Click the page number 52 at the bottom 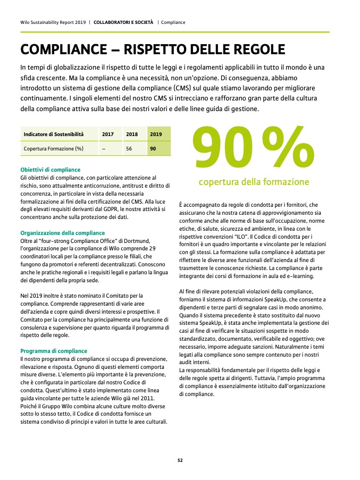pyautogui.click(x=180, y=460)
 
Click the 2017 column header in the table pyautogui.click(x=107, y=134)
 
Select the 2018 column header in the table pyautogui.click(x=132, y=134)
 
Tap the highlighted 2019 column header pyautogui.click(x=156, y=134)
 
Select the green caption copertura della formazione pyautogui.click(x=254, y=182)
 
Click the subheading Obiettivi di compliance pyautogui.click(x=50, y=170)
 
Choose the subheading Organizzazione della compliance pyautogui.click(x=62, y=233)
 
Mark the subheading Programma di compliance pyautogui.click(x=53, y=351)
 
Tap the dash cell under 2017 pyautogui.click(x=104, y=148)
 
